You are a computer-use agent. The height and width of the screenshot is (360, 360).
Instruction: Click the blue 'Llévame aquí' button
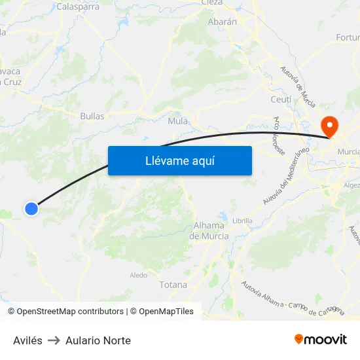point(179,160)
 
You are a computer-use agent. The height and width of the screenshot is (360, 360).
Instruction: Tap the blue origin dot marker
point(31,209)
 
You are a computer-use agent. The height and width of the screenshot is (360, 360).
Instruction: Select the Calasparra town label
point(78,7)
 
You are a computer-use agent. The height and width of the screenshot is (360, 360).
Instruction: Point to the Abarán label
point(222,21)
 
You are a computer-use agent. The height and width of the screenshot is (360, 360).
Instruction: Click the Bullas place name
point(92,116)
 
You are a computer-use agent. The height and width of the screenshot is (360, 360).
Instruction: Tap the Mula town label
point(178,120)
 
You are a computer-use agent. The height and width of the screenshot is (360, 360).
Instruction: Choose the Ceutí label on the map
point(281,99)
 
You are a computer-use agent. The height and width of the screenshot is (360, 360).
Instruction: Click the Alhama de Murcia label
point(209,230)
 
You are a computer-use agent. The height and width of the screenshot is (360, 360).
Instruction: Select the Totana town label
point(173,285)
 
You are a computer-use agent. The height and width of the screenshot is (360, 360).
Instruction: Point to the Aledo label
point(138,275)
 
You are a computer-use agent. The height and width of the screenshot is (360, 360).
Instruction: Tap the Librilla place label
point(242,221)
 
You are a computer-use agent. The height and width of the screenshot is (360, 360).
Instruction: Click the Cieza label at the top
point(212,3)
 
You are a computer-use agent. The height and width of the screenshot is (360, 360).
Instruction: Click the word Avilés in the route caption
point(27,340)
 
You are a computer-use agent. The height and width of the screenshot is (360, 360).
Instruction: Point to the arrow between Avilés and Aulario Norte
point(54,340)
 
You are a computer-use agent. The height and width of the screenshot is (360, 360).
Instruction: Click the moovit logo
point(321,339)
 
